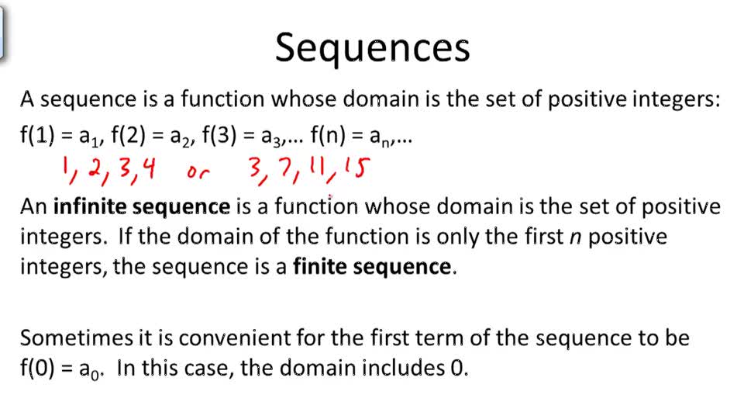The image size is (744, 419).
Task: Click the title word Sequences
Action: coord(372,48)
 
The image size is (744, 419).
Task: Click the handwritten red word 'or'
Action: coord(198,172)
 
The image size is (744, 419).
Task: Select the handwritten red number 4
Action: coord(145,168)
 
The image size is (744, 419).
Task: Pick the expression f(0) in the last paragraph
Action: coord(37,367)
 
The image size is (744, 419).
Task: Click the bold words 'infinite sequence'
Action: coord(142,207)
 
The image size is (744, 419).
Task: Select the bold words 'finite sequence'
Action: coord(371,267)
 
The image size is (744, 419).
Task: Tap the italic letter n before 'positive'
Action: coord(574,237)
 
